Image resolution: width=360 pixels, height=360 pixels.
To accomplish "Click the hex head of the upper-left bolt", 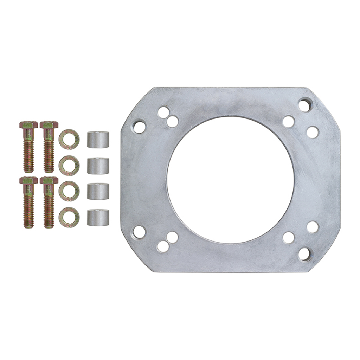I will tap(28, 125).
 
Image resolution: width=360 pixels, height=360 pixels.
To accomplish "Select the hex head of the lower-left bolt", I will tap(28, 180).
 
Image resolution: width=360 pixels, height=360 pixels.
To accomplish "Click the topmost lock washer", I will tap(69, 139).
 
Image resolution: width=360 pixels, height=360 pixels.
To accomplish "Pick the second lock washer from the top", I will tap(69, 165).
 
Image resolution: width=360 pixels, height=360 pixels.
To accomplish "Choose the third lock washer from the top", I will tap(69, 191).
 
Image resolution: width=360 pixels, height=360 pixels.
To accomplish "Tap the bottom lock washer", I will tap(69, 217).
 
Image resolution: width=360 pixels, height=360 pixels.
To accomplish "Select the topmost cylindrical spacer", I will tap(98, 140).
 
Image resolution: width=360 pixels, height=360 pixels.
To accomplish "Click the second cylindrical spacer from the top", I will tap(98, 166).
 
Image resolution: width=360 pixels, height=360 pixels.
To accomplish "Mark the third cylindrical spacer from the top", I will tap(98, 192).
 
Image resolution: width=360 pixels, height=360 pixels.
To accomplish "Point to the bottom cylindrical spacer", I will tap(98, 218).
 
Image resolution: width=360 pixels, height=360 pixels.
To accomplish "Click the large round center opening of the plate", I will tap(230, 180).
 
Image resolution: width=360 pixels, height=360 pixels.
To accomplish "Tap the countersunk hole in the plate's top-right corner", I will tap(305, 105).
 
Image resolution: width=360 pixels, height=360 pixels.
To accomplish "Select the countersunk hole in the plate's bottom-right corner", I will tap(305, 254).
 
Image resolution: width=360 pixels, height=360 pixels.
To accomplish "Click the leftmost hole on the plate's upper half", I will tap(139, 127).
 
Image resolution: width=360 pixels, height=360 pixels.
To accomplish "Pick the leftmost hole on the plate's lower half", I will tap(139, 232).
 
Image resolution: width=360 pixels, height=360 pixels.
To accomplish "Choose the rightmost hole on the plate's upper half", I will tap(312, 132).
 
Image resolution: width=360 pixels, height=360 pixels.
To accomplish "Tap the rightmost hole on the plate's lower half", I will tap(312, 227).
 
